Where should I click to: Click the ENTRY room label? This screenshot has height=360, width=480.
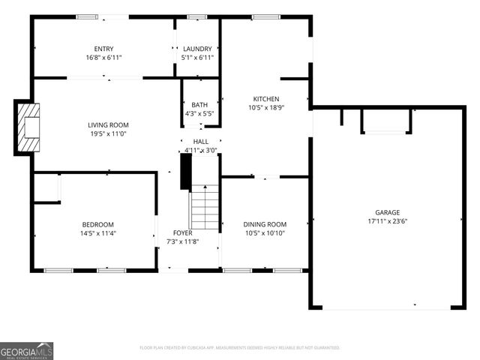103,49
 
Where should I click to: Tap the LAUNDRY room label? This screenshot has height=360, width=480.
198,49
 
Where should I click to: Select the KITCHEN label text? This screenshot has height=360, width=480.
265,98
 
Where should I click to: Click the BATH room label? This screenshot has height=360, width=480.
199,105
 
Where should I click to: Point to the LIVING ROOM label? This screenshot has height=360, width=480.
108,125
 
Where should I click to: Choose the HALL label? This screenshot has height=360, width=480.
201,141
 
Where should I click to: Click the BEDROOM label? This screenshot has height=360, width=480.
97,224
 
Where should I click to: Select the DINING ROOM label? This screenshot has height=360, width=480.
265,224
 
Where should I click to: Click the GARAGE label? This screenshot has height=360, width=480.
388,212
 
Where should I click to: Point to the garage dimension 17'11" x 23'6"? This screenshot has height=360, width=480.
388,221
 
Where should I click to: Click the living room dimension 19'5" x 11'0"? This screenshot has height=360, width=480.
108,134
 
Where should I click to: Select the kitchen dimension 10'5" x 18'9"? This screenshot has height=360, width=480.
265,107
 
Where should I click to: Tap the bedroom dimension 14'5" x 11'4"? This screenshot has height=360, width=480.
97,233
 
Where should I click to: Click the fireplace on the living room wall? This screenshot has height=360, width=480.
28,126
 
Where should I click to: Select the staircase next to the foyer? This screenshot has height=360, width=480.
203,208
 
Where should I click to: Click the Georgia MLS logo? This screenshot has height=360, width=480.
27,350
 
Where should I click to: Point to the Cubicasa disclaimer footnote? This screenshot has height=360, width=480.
240,348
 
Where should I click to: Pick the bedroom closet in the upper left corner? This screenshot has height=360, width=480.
46,189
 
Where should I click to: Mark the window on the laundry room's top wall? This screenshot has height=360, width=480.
197,16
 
